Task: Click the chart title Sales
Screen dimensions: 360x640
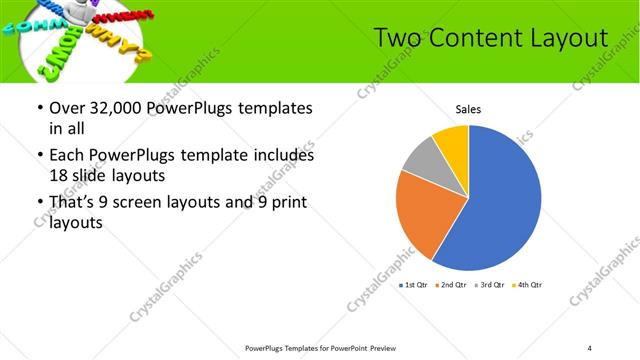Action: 469,109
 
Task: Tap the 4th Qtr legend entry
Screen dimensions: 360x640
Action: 527,286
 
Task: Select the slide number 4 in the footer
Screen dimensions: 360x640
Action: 589,347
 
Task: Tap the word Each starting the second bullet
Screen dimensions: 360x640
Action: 68,155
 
